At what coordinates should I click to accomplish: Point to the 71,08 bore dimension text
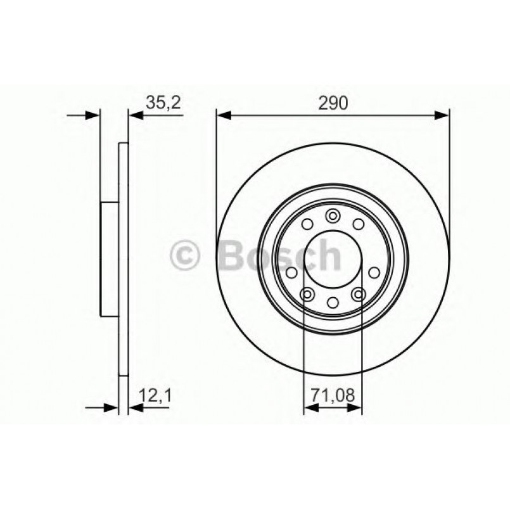point(333,397)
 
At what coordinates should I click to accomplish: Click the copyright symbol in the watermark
point(186,256)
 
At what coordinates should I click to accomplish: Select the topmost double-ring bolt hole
point(333,217)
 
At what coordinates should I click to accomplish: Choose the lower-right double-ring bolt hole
point(357,293)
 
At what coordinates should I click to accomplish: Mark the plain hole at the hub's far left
point(291,272)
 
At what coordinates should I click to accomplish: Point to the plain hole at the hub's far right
point(374,272)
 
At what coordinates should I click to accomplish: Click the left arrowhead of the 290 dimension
point(222,115)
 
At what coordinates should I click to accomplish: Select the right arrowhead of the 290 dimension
point(443,115)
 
